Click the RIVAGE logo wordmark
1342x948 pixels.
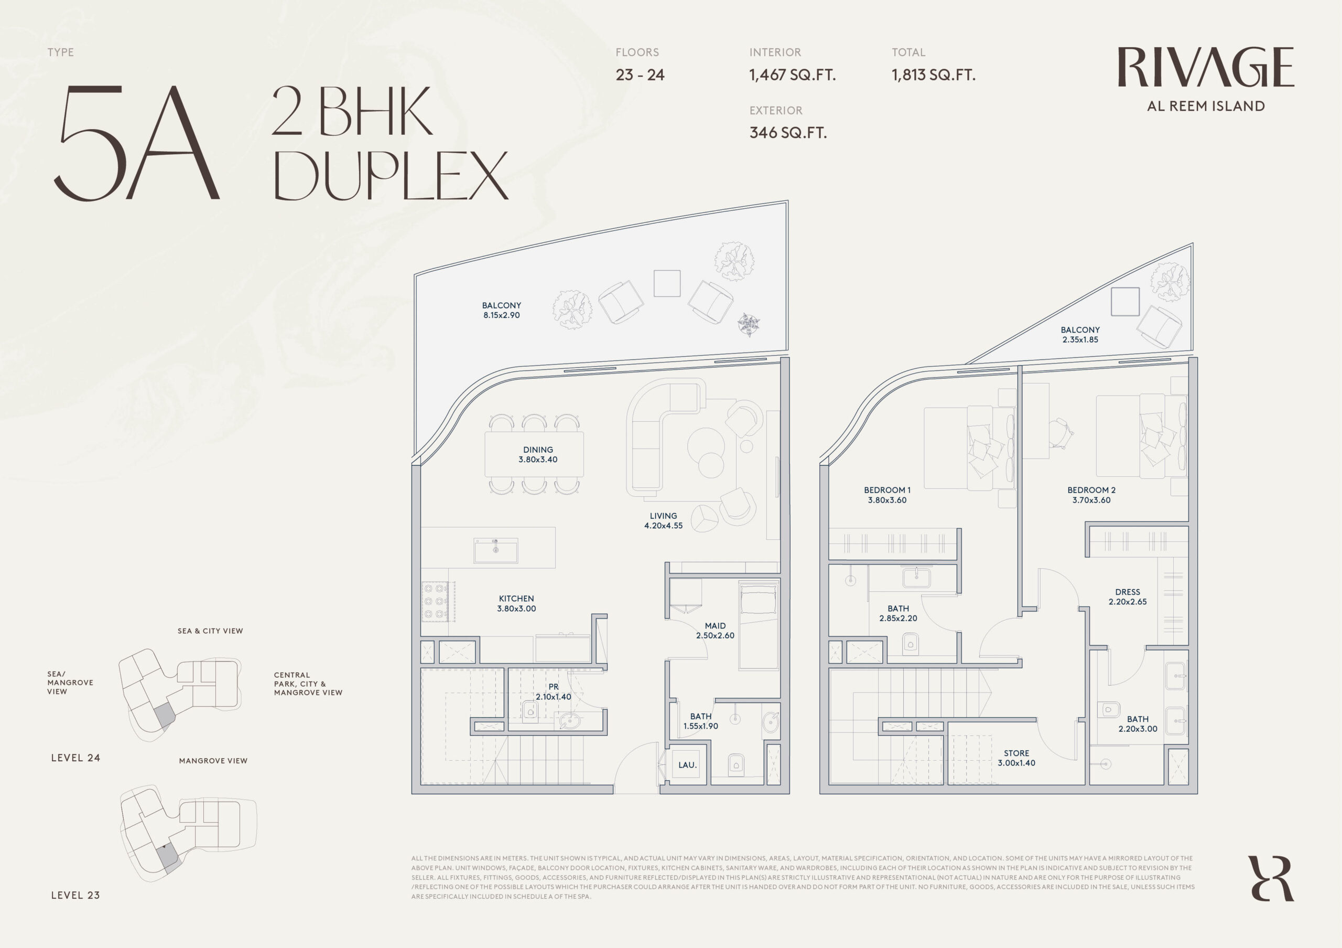click(x=1205, y=67)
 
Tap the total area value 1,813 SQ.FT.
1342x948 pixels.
click(x=934, y=76)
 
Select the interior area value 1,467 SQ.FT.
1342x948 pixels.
click(x=793, y=76)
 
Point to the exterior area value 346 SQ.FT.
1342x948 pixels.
click(x=788, y=133)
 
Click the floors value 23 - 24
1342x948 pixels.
click(x=640, y=75)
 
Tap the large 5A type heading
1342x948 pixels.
click(x=137, y=143)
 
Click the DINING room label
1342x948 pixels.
click(x=538, y=450)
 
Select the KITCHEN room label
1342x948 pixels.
click(x=516, y=598)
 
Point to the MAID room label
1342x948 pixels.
click(x=715, y=626)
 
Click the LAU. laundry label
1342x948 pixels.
click(x=687, y=765)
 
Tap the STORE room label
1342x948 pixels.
click(x=1016, y=753)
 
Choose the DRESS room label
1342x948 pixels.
click(x=1128, y=592)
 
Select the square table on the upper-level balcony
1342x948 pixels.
click(x=1125, y=302)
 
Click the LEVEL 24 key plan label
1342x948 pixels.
click(x=75, y=758)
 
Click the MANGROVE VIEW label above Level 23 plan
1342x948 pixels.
click(x=213, y=761)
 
